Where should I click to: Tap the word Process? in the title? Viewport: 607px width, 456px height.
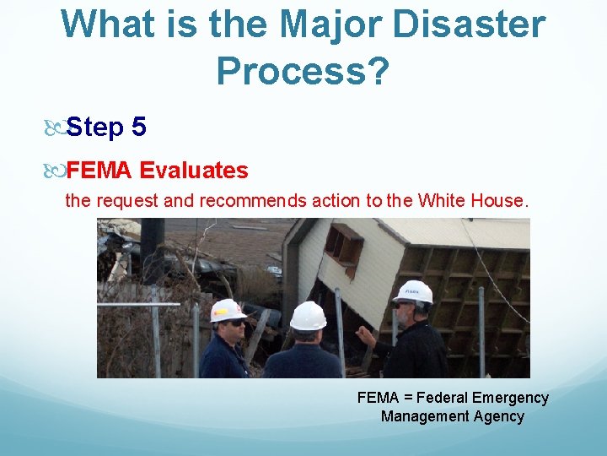pyautogui.click(x=303, y=72)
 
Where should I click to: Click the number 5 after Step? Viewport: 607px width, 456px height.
pyautogui.click(x=139, y=128)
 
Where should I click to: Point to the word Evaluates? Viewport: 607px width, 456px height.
pyautogui.click(x=194, y=171)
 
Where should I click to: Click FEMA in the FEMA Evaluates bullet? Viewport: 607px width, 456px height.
pyautogui.click(x=99, y=171)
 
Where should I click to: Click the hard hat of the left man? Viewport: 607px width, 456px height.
pyautogui.click(x=228, y=310)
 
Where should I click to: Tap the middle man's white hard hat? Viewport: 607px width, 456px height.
pyautogui.click(x=308, y=316)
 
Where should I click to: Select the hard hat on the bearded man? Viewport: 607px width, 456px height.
pyautogui.click(x=413, y=291)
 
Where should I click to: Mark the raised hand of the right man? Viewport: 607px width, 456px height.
pyautogui.click(x=365, y=336)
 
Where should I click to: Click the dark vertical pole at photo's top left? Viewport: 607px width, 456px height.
pyautogui.click(x=153, y=245)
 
